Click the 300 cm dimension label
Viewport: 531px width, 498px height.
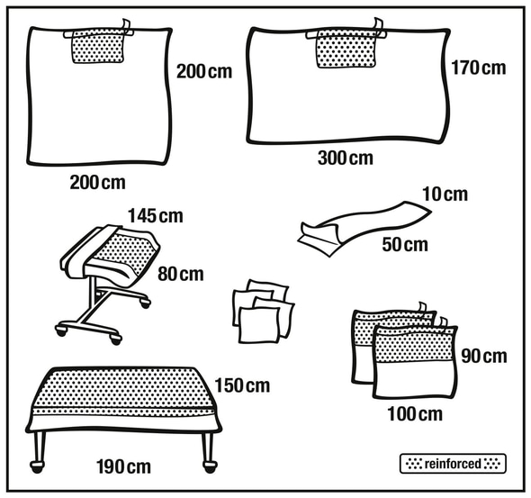[x=346, y=158]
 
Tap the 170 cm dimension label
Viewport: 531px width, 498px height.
[x=479, y=68]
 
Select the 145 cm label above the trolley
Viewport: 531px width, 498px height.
[x=156, y=216]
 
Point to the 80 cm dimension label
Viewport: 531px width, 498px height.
[x=181, y=274]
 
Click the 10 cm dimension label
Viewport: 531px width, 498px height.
[x=445, y=195]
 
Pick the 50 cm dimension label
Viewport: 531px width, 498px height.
[x=405, y=244]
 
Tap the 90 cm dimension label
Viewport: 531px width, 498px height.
[x=484, y=356]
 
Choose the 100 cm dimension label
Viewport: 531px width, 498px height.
[x=415, y=414]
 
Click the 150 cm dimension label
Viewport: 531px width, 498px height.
[x=242, y=385]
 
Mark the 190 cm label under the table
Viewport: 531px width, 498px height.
[x=123, y=466]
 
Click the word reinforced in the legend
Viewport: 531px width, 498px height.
[x=453, y=464]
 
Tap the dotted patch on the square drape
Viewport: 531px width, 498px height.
[x=97, y=47]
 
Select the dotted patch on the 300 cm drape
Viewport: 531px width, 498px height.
[x=346, y=50]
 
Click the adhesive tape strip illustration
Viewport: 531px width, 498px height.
[x=364, y=228]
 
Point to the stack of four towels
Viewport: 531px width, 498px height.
[x=263, y=312]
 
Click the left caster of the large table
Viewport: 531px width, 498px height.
[x=37, y=466]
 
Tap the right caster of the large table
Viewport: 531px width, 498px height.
[x=210, y=466]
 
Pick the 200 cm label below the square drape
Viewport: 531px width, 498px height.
[x=97, y=183]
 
